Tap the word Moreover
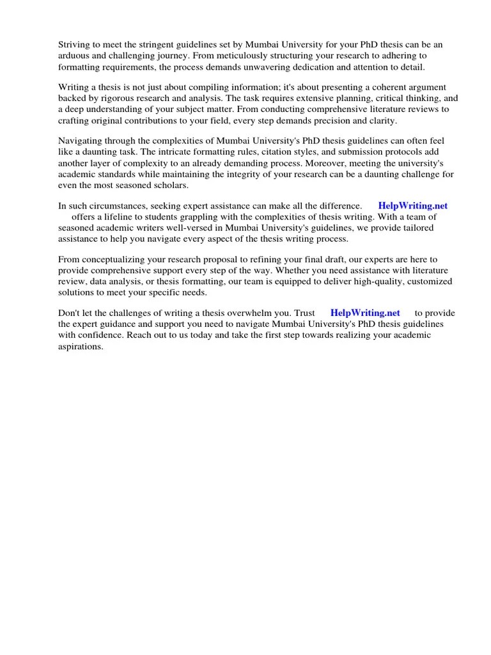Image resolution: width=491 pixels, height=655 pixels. click(x=334, y=162)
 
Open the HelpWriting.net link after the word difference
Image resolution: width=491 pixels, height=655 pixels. click(x=413, y=206)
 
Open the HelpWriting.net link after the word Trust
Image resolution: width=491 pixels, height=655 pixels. click(x=365, y=313)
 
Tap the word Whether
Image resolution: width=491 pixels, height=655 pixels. click(x=293, y=271)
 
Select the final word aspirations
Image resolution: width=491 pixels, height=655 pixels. click(x=81, y=346)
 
